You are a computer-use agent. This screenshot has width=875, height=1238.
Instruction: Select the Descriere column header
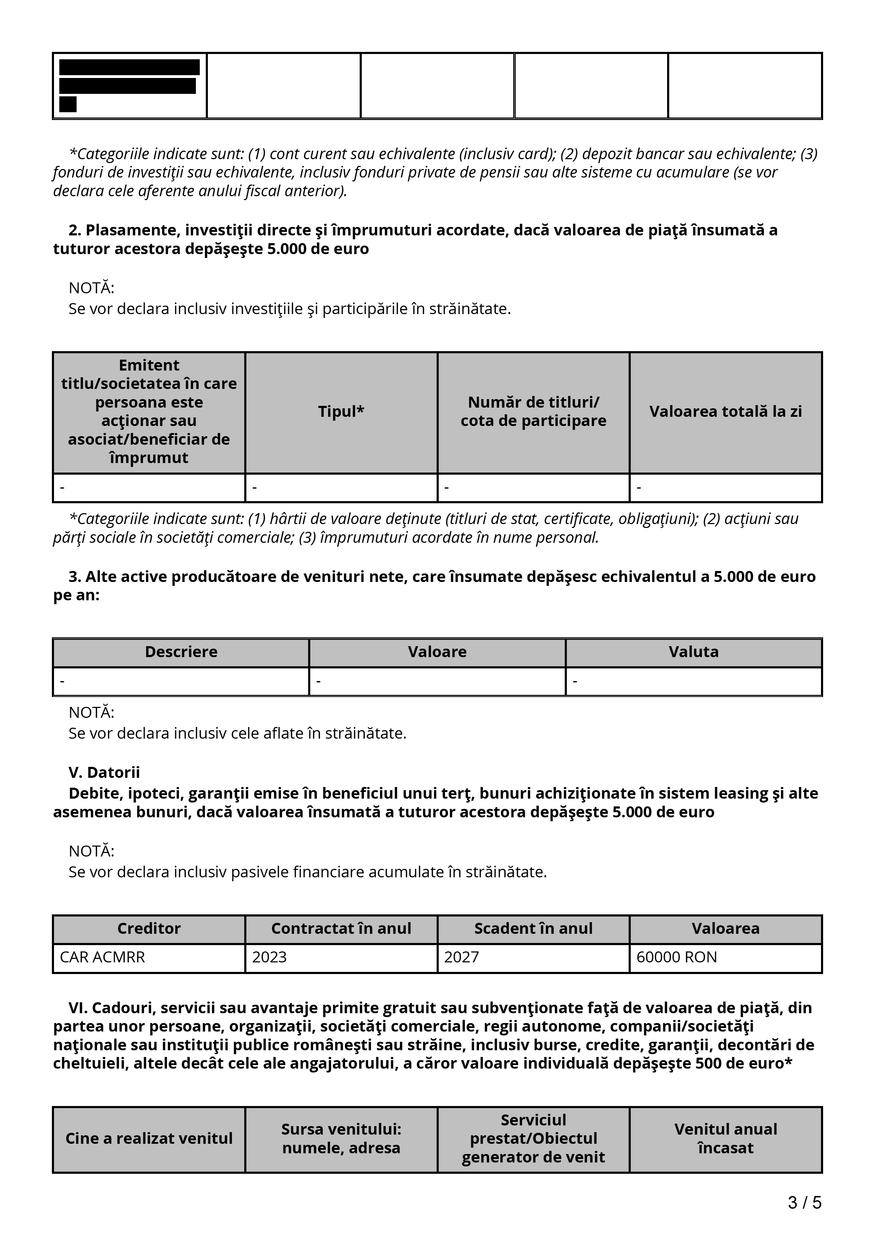[x=181, y=652]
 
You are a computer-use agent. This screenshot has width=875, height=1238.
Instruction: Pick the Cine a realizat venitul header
[x=149, y=1138]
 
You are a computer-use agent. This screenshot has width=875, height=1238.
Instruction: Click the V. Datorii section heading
[x=104, y=772]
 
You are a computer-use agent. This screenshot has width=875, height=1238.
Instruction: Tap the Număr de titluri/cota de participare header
[x=533, y=412]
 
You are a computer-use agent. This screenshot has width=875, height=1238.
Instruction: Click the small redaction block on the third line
[x=68, y=104]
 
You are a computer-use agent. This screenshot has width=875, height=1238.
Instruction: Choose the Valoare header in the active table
[x=437, y=652]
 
